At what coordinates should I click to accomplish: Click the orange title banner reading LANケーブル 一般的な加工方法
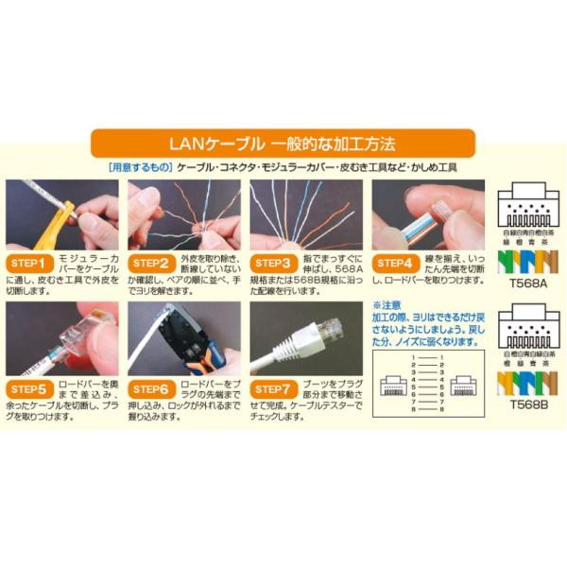point(283,144)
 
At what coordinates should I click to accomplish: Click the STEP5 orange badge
point(30,387)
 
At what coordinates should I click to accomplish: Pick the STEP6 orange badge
point(152,387)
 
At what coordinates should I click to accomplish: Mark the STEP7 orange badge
point(275,387)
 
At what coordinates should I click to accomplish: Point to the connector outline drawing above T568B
point(529,326)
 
